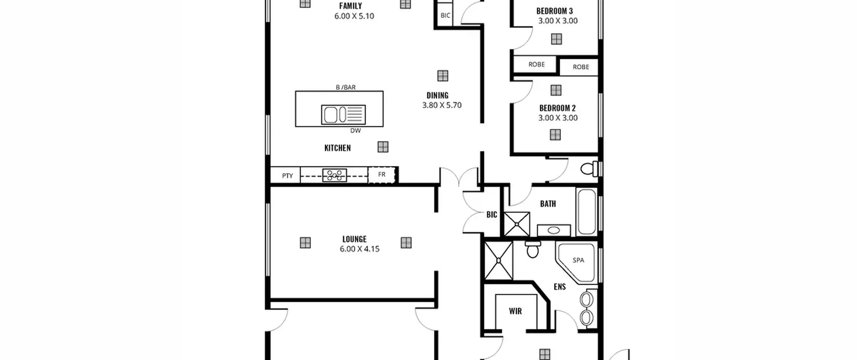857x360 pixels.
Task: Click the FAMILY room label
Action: [350, 6]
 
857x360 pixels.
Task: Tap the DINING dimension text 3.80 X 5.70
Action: [442, 105]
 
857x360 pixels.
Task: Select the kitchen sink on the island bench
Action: [343, 115]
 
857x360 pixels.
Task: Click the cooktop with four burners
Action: [334, 175]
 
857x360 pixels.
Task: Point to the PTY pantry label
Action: [287, 176]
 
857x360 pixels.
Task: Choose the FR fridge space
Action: [382, 175]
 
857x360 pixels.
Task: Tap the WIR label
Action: [515, 311]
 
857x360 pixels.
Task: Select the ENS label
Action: [560, 287]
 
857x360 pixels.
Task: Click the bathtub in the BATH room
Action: [587, 212]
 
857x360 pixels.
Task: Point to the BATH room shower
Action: [517, 224]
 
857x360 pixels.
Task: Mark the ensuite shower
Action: [498, 260]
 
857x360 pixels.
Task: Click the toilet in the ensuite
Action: [533, 249]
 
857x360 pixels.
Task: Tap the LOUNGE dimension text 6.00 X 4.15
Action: [360, 249]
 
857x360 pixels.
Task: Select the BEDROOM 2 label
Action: [557, 108]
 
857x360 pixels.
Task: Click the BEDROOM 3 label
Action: [554, 11]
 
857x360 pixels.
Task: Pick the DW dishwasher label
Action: [356, 131]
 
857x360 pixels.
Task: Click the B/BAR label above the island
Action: [346, 87]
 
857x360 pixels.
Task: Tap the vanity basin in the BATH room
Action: [554, 230]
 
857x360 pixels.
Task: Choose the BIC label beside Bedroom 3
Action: [445, 15]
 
